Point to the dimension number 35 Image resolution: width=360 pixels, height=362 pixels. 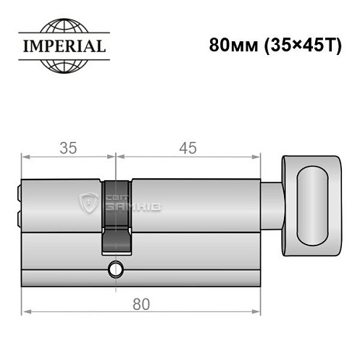[68, 148]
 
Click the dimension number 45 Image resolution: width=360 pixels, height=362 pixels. [188, 148]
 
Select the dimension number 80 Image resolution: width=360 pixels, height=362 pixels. [142, 304]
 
